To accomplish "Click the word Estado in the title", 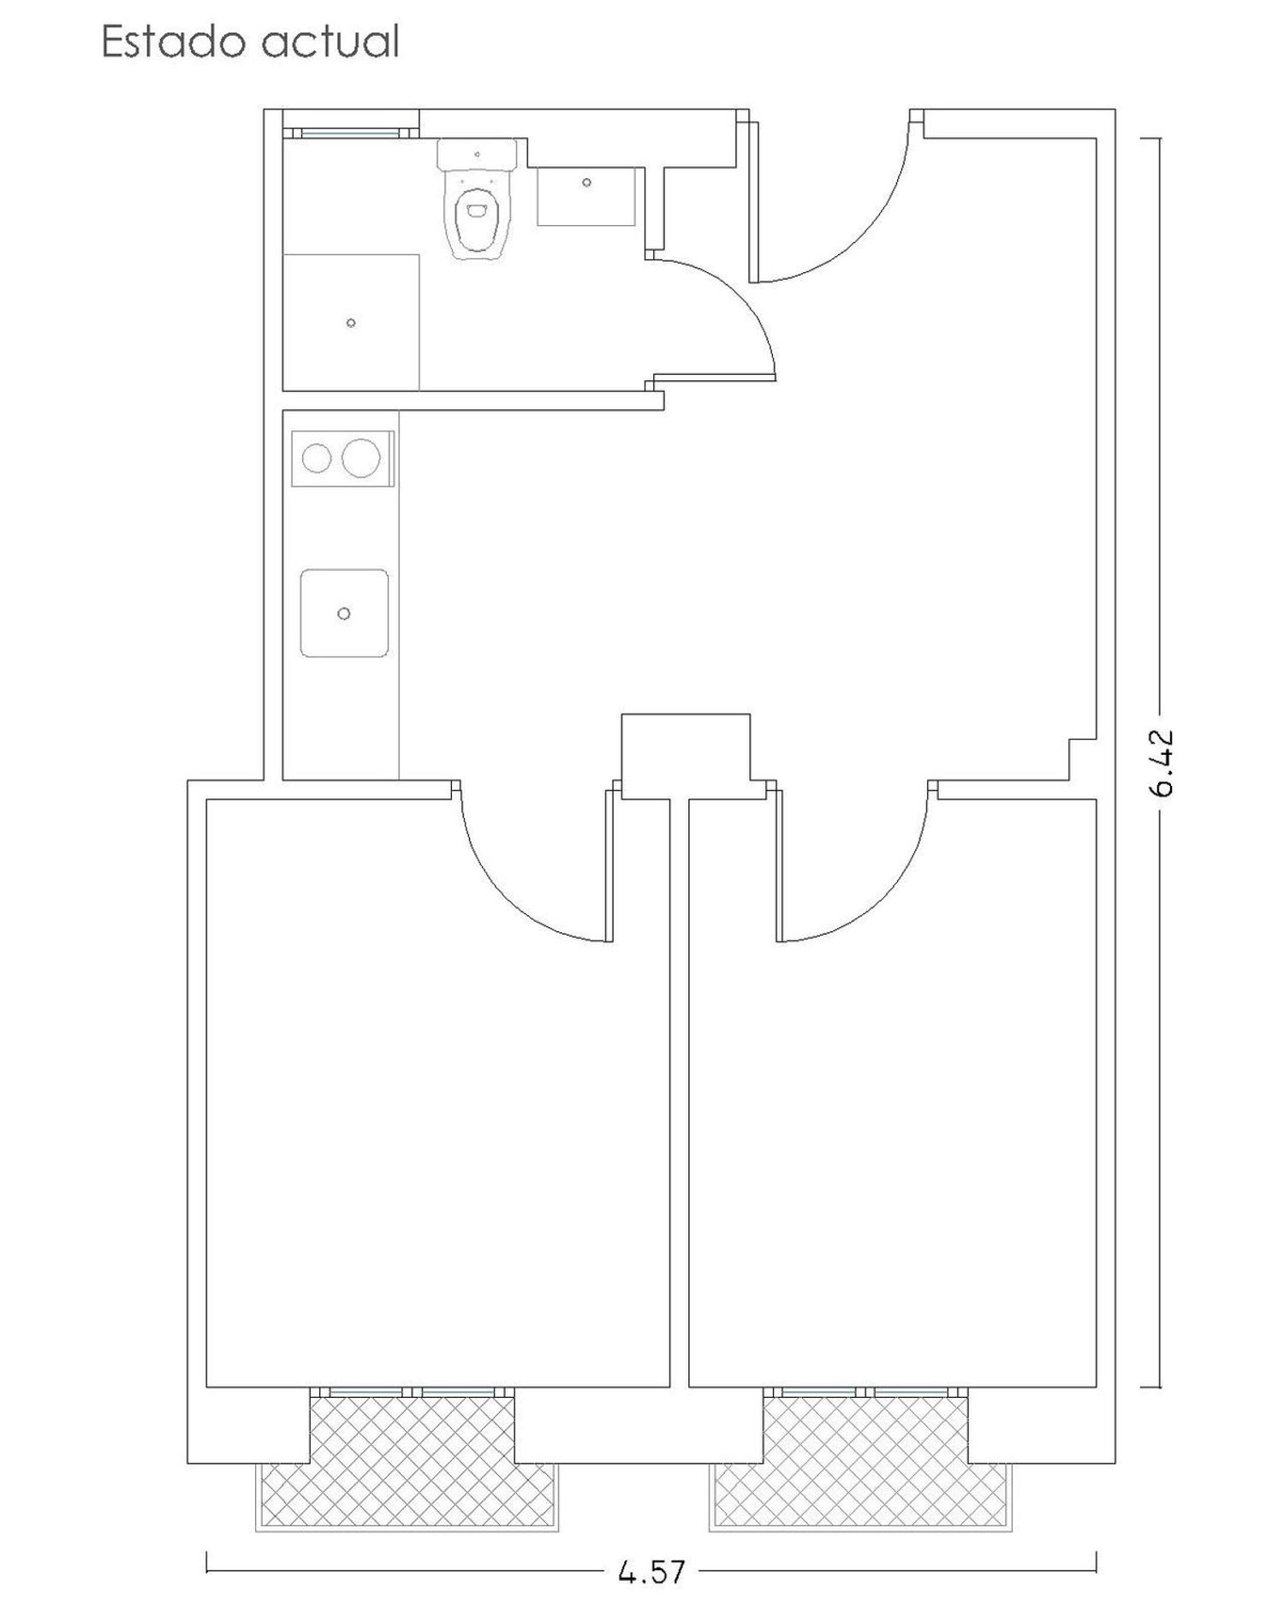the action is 175,41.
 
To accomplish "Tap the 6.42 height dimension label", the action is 1162,763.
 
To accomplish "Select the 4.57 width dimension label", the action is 651,1571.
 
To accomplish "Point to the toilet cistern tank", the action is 477,155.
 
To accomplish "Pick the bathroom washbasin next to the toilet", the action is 586,196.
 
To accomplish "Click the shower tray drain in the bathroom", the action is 351,323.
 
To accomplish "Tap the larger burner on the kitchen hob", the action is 361,458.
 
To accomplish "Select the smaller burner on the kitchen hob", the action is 317,459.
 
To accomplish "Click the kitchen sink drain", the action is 344,613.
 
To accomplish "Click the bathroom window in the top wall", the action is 350,133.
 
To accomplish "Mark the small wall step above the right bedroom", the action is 1083,759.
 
